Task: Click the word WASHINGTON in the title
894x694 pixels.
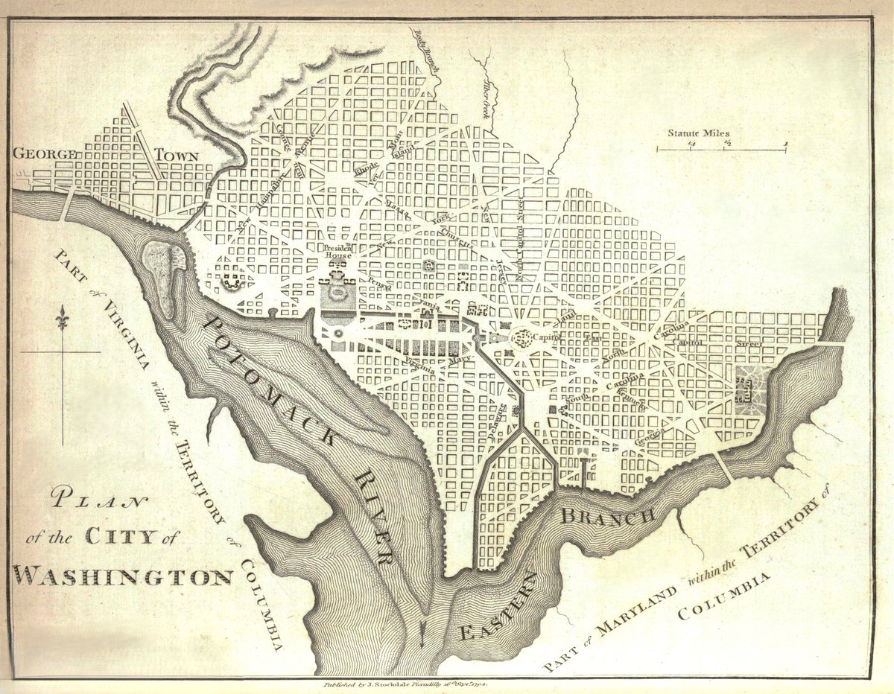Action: coord(124,576)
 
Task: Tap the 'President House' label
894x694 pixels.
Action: coord(337,251)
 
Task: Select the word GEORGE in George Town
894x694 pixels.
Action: coord(45,154)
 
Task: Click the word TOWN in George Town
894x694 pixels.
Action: coord(177,156)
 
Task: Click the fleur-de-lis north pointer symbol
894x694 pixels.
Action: coord(63,319)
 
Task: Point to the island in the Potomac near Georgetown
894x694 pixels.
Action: coord(166,276)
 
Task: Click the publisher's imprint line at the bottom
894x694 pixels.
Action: coord(407,682)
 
